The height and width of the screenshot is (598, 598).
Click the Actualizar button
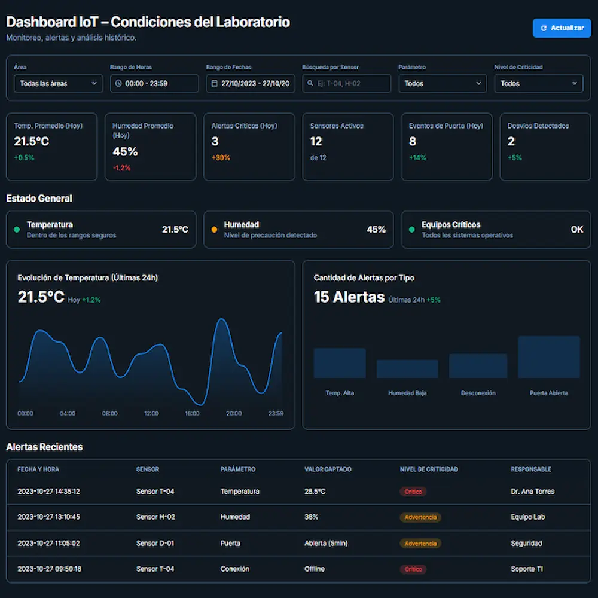tap(562, 28)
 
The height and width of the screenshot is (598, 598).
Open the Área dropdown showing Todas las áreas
tap(58, 84)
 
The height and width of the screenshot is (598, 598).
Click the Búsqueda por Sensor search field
tap(346, 84)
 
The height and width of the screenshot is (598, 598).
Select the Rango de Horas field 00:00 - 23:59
tap(154, 84)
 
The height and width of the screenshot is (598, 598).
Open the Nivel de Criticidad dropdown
tap(538, 84)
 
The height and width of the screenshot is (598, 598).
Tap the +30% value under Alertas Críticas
tap(221, 158)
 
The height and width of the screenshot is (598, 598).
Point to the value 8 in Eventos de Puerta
tap(413, 142)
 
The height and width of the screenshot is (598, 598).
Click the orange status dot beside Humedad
tap(214, 229)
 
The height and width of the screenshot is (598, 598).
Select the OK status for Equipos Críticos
tap(576, 229)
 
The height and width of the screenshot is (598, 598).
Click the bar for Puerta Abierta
tap(548, 357)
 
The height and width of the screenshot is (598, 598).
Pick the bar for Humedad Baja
tap(407, 369)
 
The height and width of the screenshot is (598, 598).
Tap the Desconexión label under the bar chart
tap(478, 393)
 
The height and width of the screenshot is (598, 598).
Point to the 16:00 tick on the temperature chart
tap(192, 413)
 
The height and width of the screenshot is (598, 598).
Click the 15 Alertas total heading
tap(349, 297)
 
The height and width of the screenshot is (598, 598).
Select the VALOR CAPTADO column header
tap(328, 469)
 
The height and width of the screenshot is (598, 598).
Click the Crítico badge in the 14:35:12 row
tap(413, 492)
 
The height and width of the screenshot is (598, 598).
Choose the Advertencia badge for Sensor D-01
tap(420, 544)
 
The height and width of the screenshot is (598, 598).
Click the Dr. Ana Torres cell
tap(532, 492)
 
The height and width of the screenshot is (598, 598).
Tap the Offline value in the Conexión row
tap(315, 569)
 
